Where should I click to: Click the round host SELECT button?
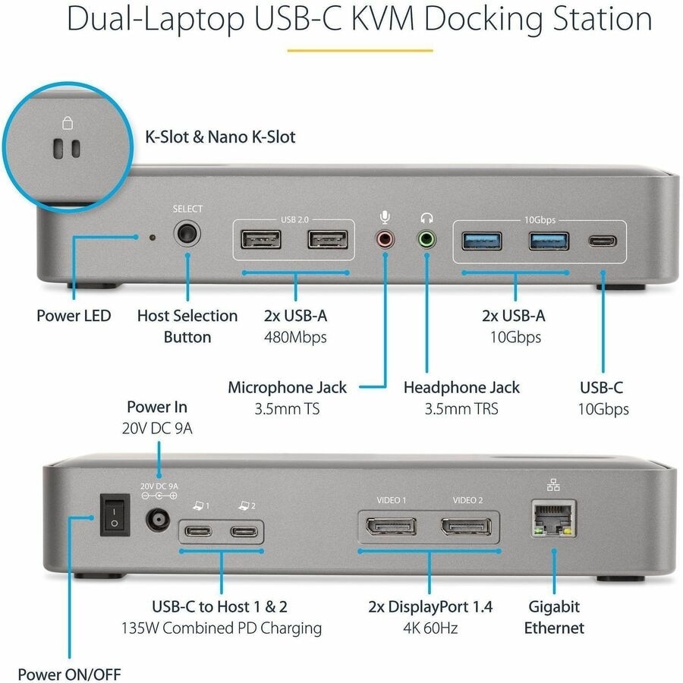pos(187,234)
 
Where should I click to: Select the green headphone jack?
pos(426,241)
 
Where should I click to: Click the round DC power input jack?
pos(159,521)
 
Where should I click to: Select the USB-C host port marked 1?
pos(198,530)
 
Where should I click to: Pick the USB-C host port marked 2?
pos(244,530)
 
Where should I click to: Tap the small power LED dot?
pos(153,238)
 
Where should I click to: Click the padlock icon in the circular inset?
pos(66,124)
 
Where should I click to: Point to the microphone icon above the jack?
pos(386,217)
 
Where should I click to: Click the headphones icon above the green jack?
pos(426,217)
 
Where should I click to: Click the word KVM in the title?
pos(379,19)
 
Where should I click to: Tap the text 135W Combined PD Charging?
pos(222,628)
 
